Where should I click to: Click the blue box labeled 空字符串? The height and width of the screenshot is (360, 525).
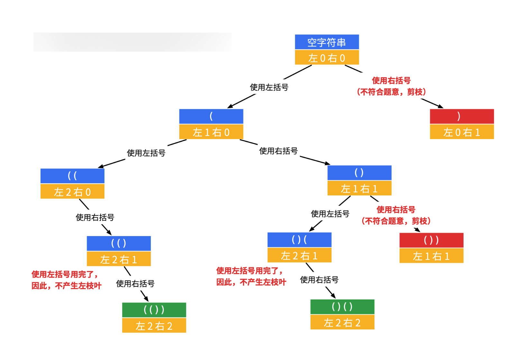click(327, 42)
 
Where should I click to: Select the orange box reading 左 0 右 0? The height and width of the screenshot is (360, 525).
click(327, 57)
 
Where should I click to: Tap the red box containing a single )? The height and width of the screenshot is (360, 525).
click(462, 116)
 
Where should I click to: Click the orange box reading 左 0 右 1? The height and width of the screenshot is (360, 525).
click(462, 132)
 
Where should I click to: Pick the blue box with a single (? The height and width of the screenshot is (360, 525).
click(211, 116)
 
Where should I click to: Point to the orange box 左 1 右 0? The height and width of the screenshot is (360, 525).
click(211, 132)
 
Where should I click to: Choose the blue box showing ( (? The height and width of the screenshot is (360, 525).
click(72, 176)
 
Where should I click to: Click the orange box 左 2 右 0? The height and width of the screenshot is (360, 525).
click(72, 191)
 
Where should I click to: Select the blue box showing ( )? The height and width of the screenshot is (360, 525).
click(359, 173)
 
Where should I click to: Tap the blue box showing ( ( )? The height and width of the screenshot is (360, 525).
click(119, 243)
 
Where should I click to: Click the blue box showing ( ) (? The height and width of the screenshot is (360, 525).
click(299, 240)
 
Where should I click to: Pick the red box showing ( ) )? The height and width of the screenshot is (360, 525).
click(431, 240)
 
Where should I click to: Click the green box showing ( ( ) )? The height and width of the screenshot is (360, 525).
click(154, 310)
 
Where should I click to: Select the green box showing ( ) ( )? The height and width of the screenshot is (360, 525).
click(342, 307)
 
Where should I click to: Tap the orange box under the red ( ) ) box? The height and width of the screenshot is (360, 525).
click(431, 256)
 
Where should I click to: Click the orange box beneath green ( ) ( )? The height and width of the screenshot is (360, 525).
click(342, 322)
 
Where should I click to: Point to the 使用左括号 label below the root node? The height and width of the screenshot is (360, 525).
click(269, 87)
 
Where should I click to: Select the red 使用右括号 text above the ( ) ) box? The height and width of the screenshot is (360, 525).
click(396, 209)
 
